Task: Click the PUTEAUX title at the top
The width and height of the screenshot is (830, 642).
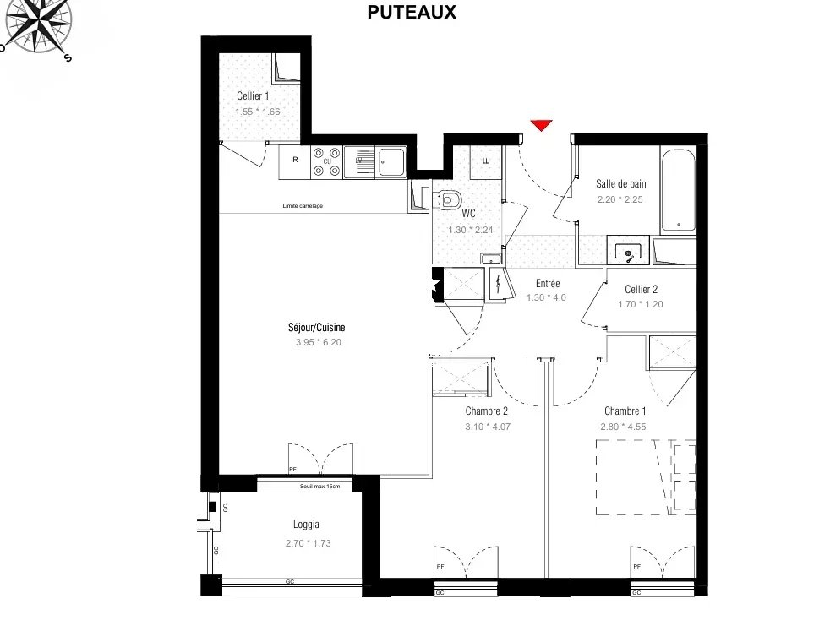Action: tap(412, 12)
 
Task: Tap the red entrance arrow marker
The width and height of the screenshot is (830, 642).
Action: tap(542, 125)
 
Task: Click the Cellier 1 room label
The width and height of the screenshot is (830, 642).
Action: tap(253, 95)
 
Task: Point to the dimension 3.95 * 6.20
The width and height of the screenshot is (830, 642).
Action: tap(318, 342)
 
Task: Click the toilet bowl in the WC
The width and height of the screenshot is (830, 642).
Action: tap(448, 200)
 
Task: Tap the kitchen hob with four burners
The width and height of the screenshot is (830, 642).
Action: tap(326, 162)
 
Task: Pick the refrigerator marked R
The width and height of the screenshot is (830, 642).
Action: tap(295, 162)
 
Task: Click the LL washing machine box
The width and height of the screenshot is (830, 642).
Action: tap(485, 161)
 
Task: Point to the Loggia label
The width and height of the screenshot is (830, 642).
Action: tap(306, 525)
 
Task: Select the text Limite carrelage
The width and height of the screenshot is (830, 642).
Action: tap(303, 206)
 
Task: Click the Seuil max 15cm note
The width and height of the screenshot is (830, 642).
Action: tap(319, 486)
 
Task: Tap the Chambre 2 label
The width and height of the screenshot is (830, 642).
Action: tap(487, 411)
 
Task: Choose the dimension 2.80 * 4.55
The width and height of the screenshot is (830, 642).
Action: tap(623, 427)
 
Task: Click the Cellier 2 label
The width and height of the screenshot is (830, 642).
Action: tap(641, 289)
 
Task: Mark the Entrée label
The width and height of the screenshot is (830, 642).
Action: tap(548, 284)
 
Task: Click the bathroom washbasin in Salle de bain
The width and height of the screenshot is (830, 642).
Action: tap(628, 250)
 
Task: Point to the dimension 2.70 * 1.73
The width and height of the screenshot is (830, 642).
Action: tap(308, 543)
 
